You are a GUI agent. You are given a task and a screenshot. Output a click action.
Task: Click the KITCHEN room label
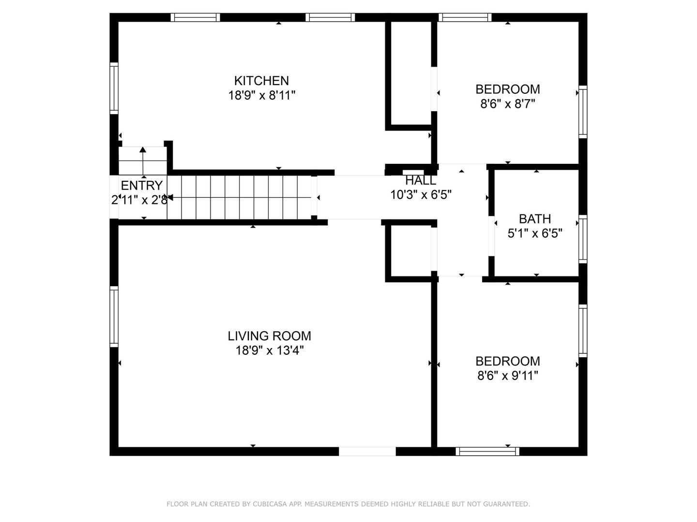(261, 81)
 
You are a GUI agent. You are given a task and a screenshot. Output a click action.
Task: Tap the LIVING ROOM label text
(269, 336)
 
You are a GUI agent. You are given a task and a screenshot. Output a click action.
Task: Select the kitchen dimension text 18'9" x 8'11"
(262, 95)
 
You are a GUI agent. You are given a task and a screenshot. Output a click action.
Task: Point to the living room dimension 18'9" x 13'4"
(269, 350)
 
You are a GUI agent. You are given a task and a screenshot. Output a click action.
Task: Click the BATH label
(535, 219)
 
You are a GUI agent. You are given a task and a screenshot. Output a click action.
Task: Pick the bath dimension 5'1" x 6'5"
(535, 233)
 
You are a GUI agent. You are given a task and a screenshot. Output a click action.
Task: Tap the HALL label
(421, 181)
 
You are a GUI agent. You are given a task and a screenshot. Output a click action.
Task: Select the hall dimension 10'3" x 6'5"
(421, 195)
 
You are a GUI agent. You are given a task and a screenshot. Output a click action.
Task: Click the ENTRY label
(142, 186)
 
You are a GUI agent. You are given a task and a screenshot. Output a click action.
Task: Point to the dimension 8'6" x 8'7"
(507, 103)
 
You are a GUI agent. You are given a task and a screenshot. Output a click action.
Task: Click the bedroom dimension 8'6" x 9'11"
(507, 376)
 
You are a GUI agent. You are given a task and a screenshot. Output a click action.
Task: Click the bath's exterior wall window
(583, 239)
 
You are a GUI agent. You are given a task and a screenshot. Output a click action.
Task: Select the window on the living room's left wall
(114, 317)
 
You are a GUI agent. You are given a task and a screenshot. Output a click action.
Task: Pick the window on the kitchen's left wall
(114, 88)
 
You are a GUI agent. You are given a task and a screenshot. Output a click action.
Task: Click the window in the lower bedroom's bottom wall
(487, 451)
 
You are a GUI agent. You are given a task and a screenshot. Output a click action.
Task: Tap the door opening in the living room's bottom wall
(367, 451)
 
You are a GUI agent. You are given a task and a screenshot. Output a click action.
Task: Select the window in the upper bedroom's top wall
(465, 17)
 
